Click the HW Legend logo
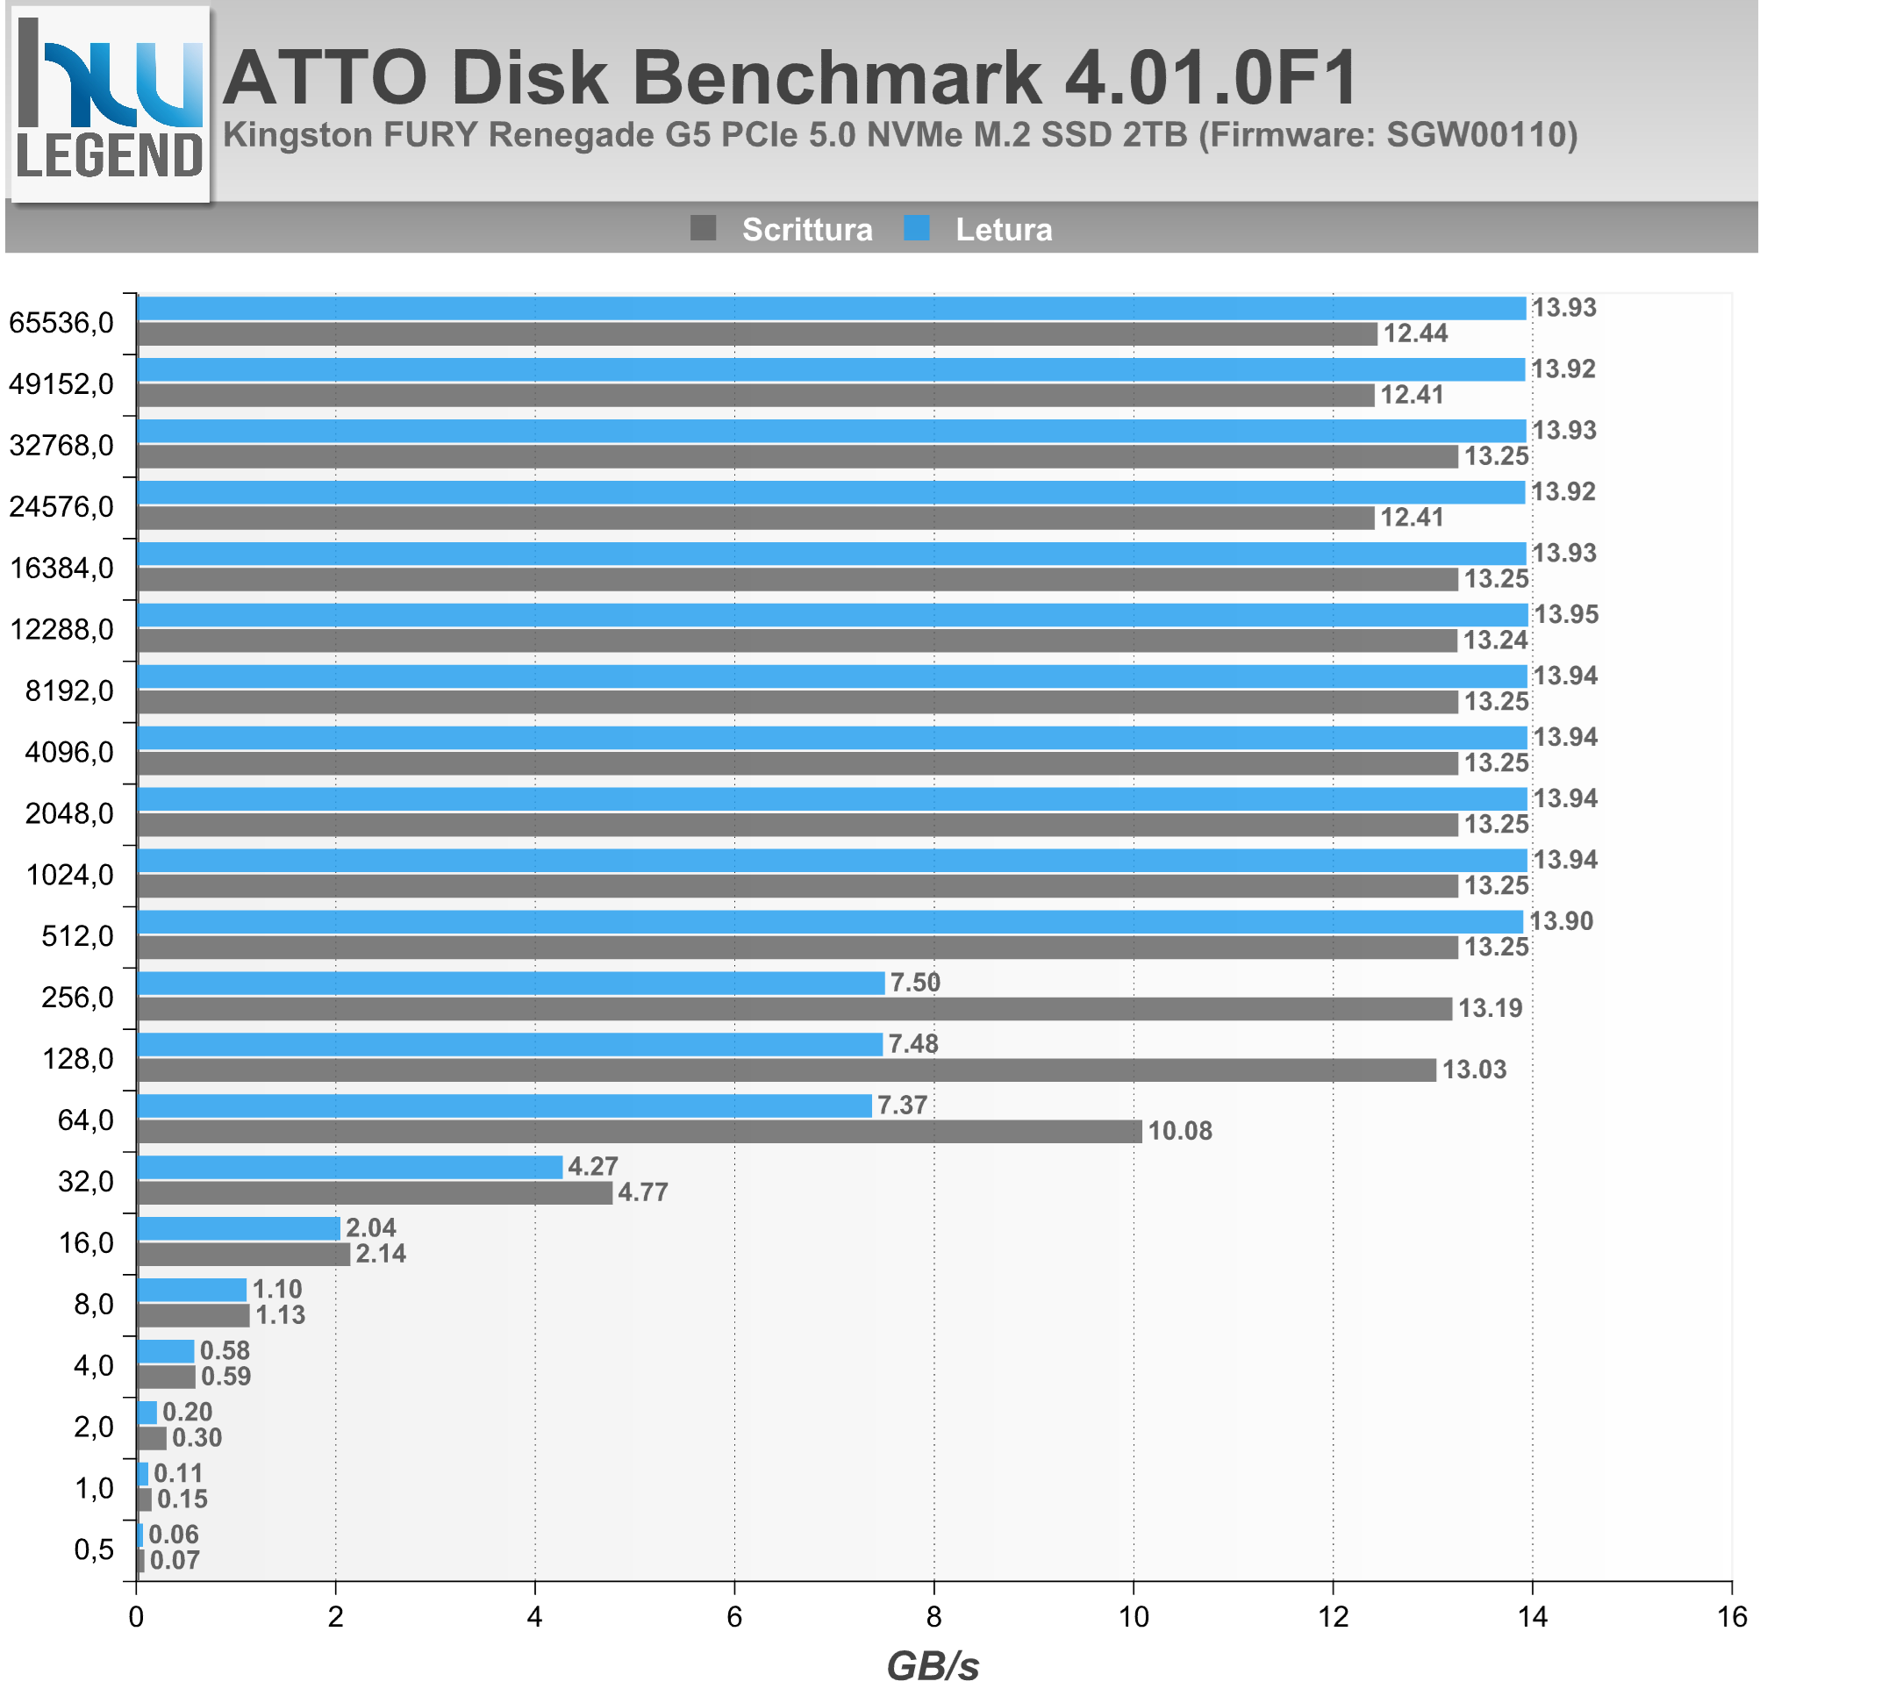pos(110,103)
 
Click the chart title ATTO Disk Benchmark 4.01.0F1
pos(790,76)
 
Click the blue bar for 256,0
pos(511,983)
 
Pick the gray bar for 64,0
pos(639,1131)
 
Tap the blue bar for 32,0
pos(350,1166)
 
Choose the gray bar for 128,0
pos(787,1070)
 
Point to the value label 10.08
pos(1179,1131)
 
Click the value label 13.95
pos(1566,614)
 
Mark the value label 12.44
pos(1414,333)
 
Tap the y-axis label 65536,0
pos(61,323)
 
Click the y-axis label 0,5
pos(93,1549)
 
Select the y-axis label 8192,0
pos(70,691)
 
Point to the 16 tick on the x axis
pos(1732,1617)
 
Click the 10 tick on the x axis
pos(1134,1617)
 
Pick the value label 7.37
pos(902,1105)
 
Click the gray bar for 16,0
pos(244,1253)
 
